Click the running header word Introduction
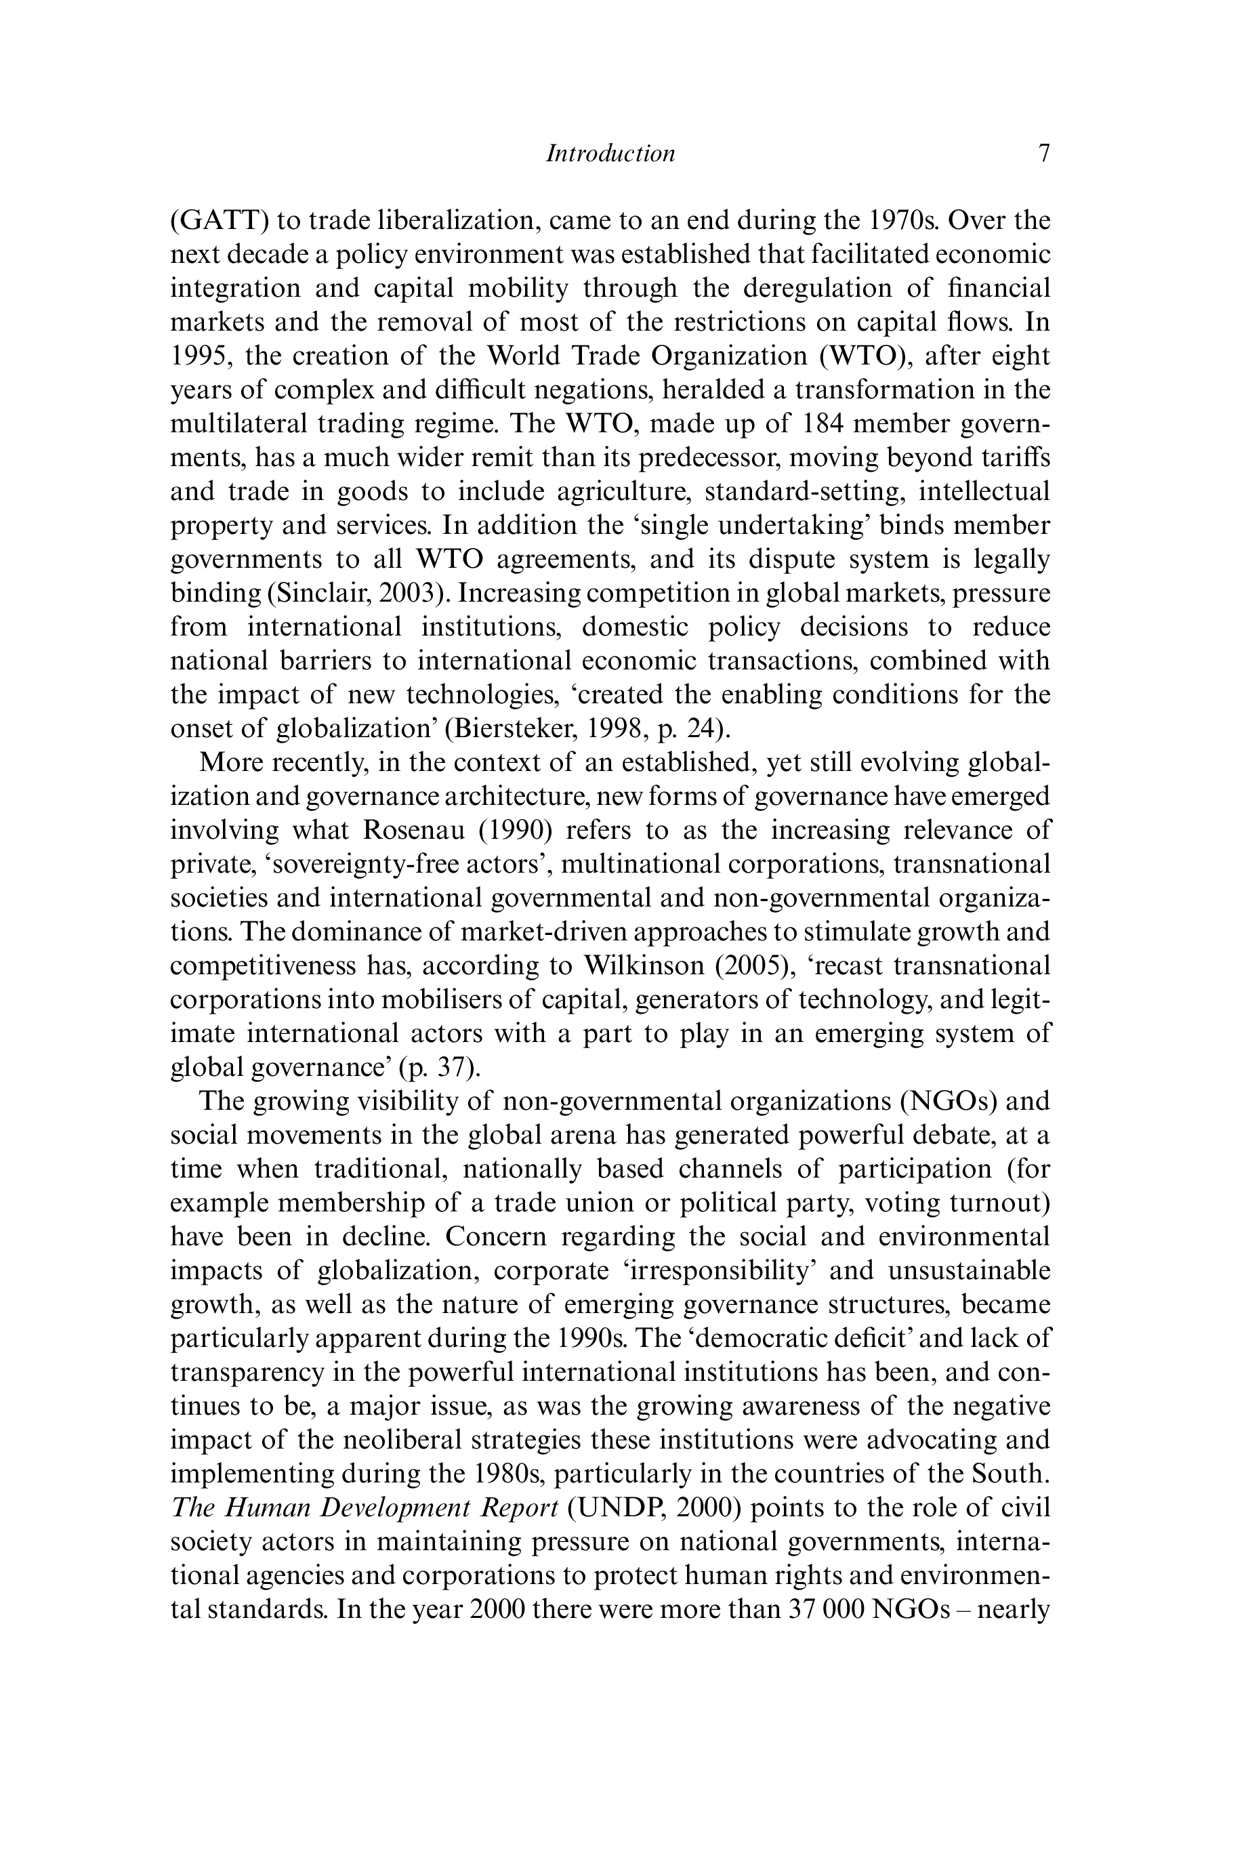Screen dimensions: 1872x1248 coord(610,153)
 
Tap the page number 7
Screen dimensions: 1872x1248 coord(1043,153)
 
